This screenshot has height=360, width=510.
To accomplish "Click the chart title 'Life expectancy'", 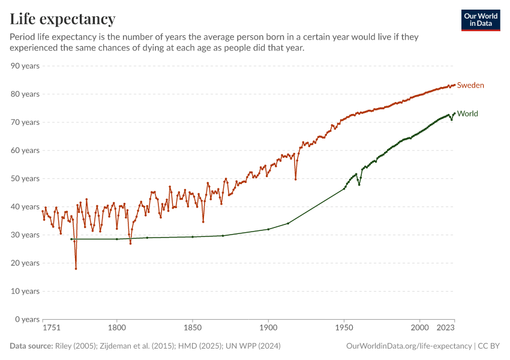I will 62,19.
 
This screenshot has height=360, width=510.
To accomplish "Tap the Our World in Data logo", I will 480,20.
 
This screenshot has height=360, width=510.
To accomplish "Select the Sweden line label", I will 470,85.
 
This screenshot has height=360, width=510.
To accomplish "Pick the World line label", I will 467,113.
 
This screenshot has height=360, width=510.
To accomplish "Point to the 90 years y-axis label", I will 25,65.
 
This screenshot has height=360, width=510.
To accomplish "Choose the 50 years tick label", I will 25,178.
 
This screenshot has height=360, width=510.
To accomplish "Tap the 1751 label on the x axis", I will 52,328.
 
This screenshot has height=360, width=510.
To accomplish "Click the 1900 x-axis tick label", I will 268,328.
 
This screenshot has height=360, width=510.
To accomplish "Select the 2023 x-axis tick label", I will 445,328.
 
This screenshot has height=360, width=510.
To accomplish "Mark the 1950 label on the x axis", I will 344,328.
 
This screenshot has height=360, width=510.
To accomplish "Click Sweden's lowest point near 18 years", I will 76,268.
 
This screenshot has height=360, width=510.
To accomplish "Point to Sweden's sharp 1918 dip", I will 295,179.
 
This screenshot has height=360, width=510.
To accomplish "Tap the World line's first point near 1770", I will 71,239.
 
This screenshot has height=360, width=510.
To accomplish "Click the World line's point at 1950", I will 344,188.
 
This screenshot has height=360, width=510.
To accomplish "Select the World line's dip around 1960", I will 359,184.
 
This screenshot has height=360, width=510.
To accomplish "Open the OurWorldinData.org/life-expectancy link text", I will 409,346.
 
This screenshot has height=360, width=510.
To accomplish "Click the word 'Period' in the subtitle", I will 23,37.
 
